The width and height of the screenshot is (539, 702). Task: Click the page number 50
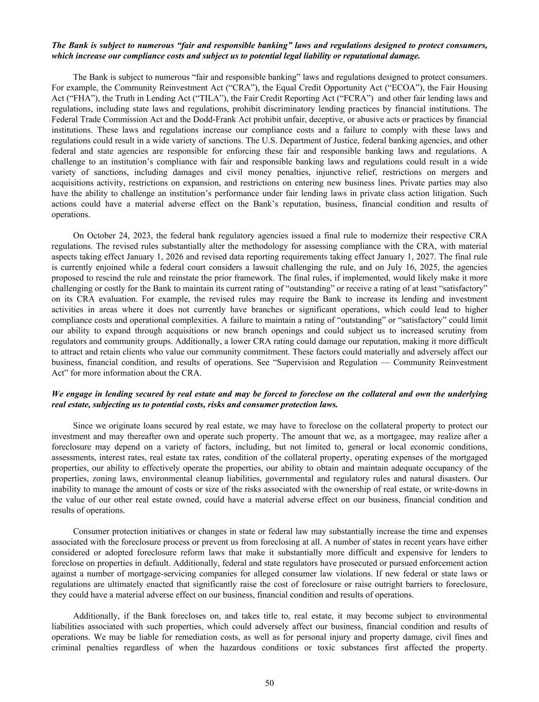(x=269, y=683)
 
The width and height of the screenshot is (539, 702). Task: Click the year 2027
(x=478, y=257)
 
